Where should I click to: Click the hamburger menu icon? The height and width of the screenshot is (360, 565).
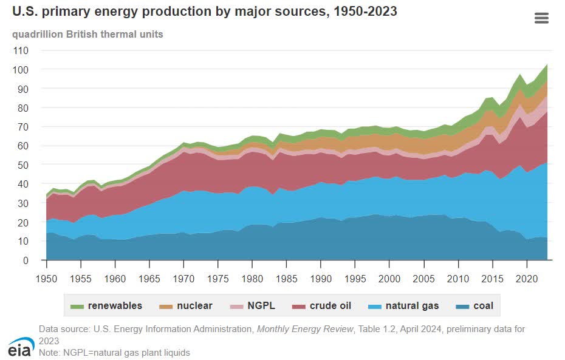click(541, 18)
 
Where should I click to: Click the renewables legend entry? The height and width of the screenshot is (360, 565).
click(107, 306)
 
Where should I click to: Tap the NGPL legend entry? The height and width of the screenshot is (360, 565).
click(253, 306)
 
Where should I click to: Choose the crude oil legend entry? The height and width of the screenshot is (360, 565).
click(323, 306)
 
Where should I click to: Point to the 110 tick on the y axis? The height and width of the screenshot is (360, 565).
click(21, 50)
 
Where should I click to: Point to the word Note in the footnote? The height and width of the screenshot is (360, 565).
click(49, 352)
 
